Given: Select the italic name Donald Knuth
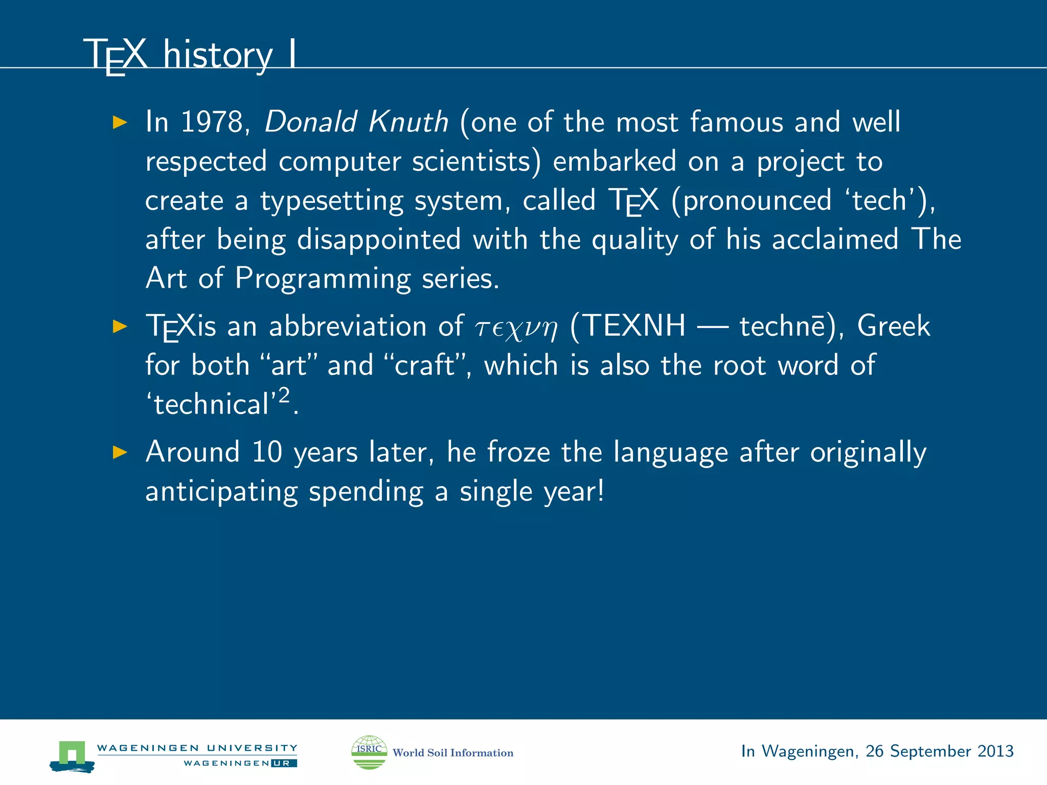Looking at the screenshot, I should point(356,122).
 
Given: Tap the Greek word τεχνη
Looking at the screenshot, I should point(516,328).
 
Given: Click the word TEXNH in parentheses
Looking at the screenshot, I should point(634,326).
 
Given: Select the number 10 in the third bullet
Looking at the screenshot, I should point(267,452).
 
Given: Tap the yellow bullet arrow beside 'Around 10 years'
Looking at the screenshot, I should point(120,452).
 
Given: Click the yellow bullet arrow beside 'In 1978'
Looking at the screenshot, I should point(120,122).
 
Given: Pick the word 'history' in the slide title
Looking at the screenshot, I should point(218,55).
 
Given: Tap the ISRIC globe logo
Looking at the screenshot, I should point(369,752).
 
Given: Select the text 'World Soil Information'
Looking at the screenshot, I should point(452,753).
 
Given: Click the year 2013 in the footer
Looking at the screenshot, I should point(995,751).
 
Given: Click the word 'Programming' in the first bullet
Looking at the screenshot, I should point(323,279).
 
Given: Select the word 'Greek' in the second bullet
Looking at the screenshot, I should point(893,326).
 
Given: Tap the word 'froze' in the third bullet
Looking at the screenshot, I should point(518,452).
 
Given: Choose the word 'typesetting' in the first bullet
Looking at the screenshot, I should point(331,201).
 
